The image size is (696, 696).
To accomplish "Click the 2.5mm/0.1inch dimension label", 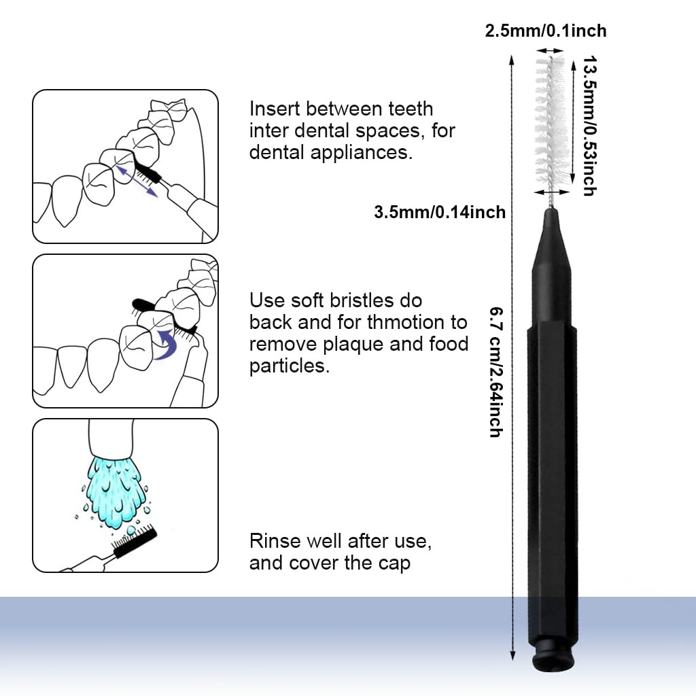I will [x=545, y=31].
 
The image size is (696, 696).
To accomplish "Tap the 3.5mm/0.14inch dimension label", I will [x=440, y=212].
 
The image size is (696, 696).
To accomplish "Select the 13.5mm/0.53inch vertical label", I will [x=589, y=126].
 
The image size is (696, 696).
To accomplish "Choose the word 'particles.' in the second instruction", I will [x=290, y=366].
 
